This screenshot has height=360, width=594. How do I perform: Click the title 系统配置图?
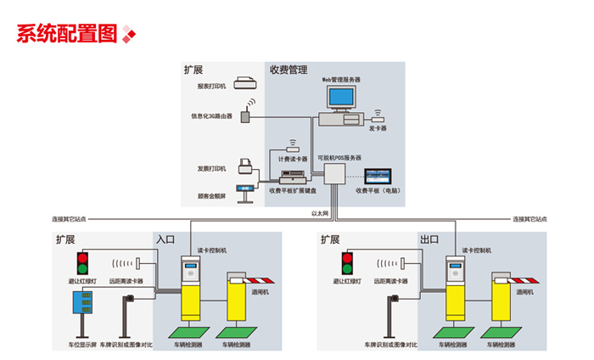pyautogui.click(x=65, y=33)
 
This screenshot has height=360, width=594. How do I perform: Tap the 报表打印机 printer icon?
pyautogui.click(x=245, y=83)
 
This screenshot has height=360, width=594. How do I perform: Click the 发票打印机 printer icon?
pyautogui.click(x=246, y=166)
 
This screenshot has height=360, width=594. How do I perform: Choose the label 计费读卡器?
pyautogui.click(x=292, y=158)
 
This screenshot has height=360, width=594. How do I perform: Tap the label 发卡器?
pyautogui.click(x=378, y=128)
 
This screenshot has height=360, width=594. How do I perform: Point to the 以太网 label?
pyautogui.click(x=320, y=213)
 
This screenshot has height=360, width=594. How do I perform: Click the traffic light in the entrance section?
pyautogui.click(x=83, y=262)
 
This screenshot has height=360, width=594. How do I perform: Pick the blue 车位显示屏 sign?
pyautogui.click(x=83, y=304)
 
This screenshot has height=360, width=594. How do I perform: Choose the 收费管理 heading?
pyautogui.click(x=288, y=70)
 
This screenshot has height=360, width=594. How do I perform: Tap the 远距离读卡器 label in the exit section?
pyautogui.click(x=390, y=281)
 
